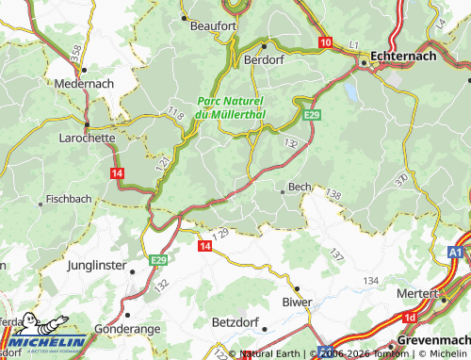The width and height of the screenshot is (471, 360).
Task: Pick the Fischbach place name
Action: tap(68, 200)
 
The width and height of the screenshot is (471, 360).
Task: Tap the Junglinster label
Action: tap(97, 266)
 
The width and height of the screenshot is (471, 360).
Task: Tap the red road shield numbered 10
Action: tap(326, 42)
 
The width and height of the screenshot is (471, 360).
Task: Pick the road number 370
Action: tap(401, 179)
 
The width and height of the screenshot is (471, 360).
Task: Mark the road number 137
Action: tap(338, 254)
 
